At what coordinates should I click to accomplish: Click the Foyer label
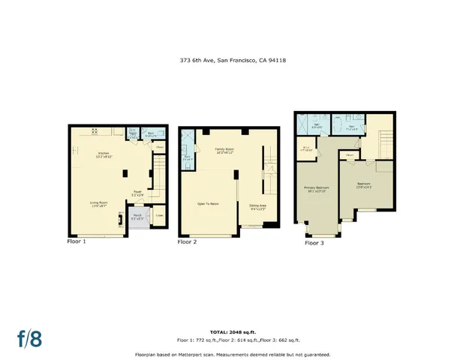pyautogui.click(x=137, y=193)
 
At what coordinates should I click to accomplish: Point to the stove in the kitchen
pyautogui.click(x=96, y=132)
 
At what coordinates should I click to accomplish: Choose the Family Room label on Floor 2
pyautogui.click(x=226, y=151)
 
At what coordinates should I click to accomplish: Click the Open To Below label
pyautogui.click(x=208, y=203)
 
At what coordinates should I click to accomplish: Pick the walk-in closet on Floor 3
pyautogui.click(x=306, y=148)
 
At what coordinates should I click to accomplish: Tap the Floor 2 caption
pyautogui.click(x=187, y=242)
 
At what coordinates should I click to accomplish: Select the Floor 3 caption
pyautogui.click(x=314, y=243)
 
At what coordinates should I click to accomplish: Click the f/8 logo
pyautogui.click(x=30, y=338)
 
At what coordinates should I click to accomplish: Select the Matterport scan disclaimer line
pyautogui.click(x=232, y=353)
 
